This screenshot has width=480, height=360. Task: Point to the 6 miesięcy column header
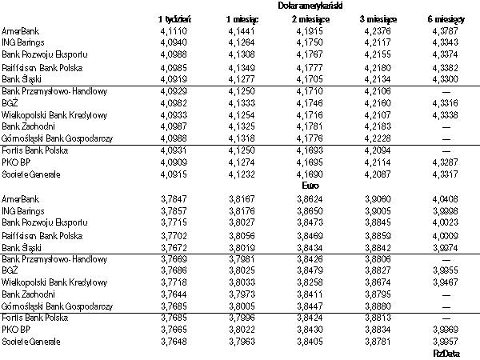tap(444, 18)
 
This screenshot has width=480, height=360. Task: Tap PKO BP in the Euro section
tap(15, 329)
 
